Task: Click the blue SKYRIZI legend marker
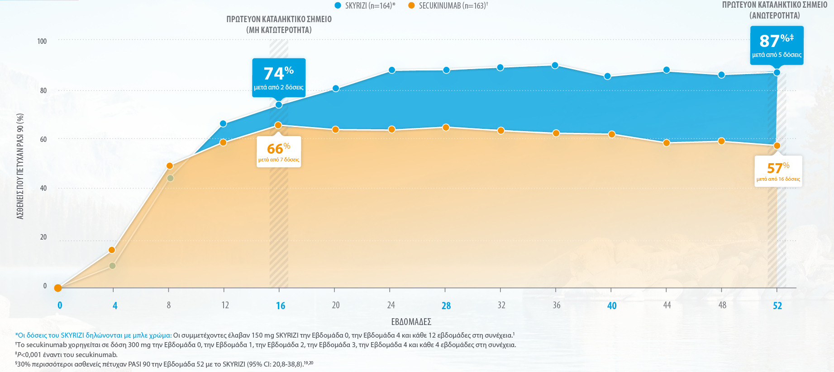tap(338, 5)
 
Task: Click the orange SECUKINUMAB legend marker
tap(411, 5)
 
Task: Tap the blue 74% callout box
tap(279, 77)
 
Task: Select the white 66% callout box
tap(279, 152)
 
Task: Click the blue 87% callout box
tap(777, 45)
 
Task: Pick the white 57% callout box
tap(778, 171)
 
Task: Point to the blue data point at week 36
tap(555, 66)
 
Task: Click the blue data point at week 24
tap(392, 70)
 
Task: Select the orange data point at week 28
tap(446, 127)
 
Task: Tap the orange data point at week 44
tap(667, 143)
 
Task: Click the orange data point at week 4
tap(112, 250)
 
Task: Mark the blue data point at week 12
tap(223, 124)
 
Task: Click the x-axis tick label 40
tap(612, 306)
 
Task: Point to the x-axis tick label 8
tap(169, 305)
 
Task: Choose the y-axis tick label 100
tap(42, 41)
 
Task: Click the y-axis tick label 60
tap(43, 139)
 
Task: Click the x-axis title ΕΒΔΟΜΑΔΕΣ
tap(411, 322)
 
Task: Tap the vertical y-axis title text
tap(20, 166)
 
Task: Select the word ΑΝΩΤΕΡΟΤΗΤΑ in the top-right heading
tap(775, 15)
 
